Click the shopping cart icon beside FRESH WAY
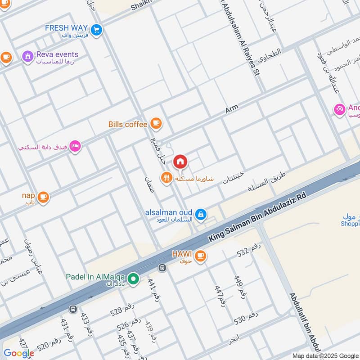pos(96,30)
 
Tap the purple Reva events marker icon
pos(27,57)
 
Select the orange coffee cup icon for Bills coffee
pos(156,122)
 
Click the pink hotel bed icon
pos(75,146)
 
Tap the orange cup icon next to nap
pos(43,197)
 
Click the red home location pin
pos(180,162)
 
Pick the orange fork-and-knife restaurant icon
pos(167,178)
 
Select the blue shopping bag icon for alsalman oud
pos(201,215)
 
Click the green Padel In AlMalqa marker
pos(133,279)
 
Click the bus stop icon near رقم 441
pos(162,268)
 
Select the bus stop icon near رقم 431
pos(72,309)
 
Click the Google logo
pos(18,353)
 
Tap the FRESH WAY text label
pos(66,28)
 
